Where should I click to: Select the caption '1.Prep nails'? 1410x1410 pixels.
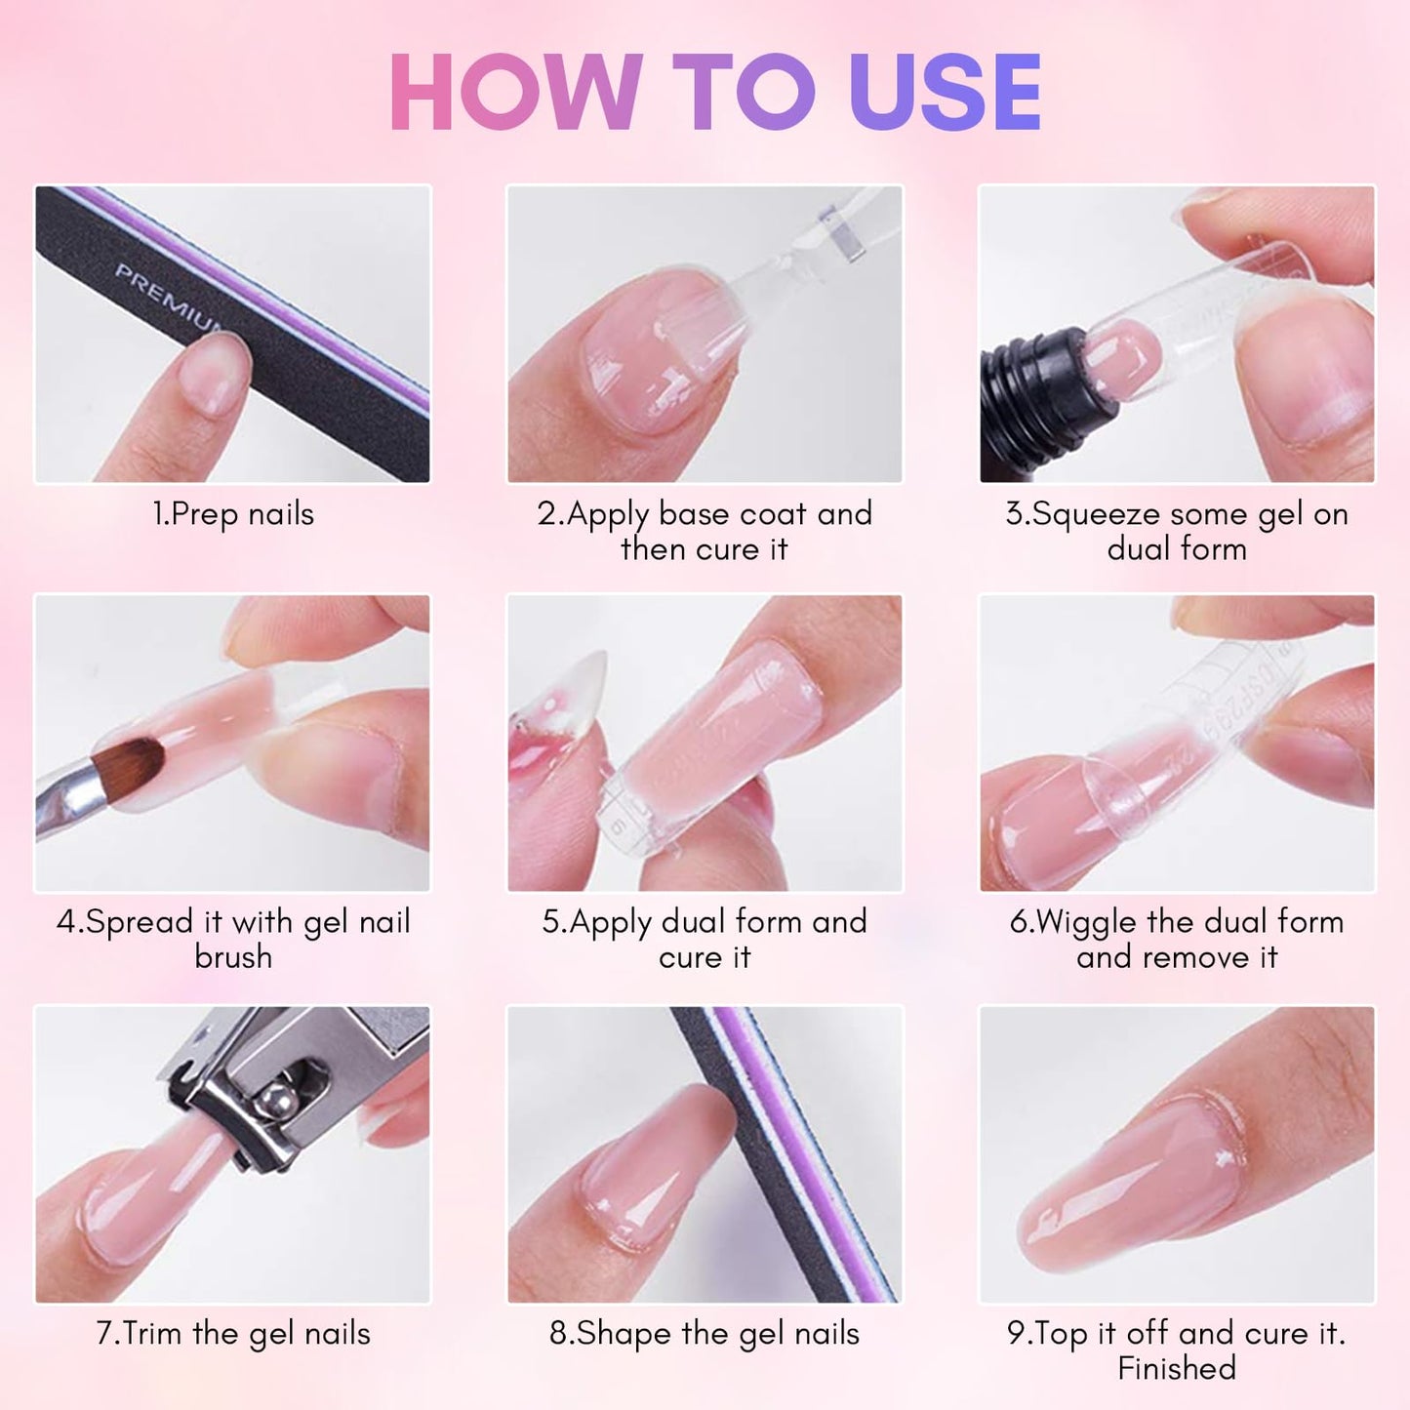coord(233,514)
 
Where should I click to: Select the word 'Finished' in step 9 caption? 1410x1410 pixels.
coord(1177,1368)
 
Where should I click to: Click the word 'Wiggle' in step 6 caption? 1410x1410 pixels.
coord(1086,922)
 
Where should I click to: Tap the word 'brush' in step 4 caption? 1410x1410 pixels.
coord(233,957)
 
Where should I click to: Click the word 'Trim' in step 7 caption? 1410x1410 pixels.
coord(153,1333)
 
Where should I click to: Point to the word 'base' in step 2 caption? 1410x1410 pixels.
coord(696,513)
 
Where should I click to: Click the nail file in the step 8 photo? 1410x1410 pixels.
coord(781,1151)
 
